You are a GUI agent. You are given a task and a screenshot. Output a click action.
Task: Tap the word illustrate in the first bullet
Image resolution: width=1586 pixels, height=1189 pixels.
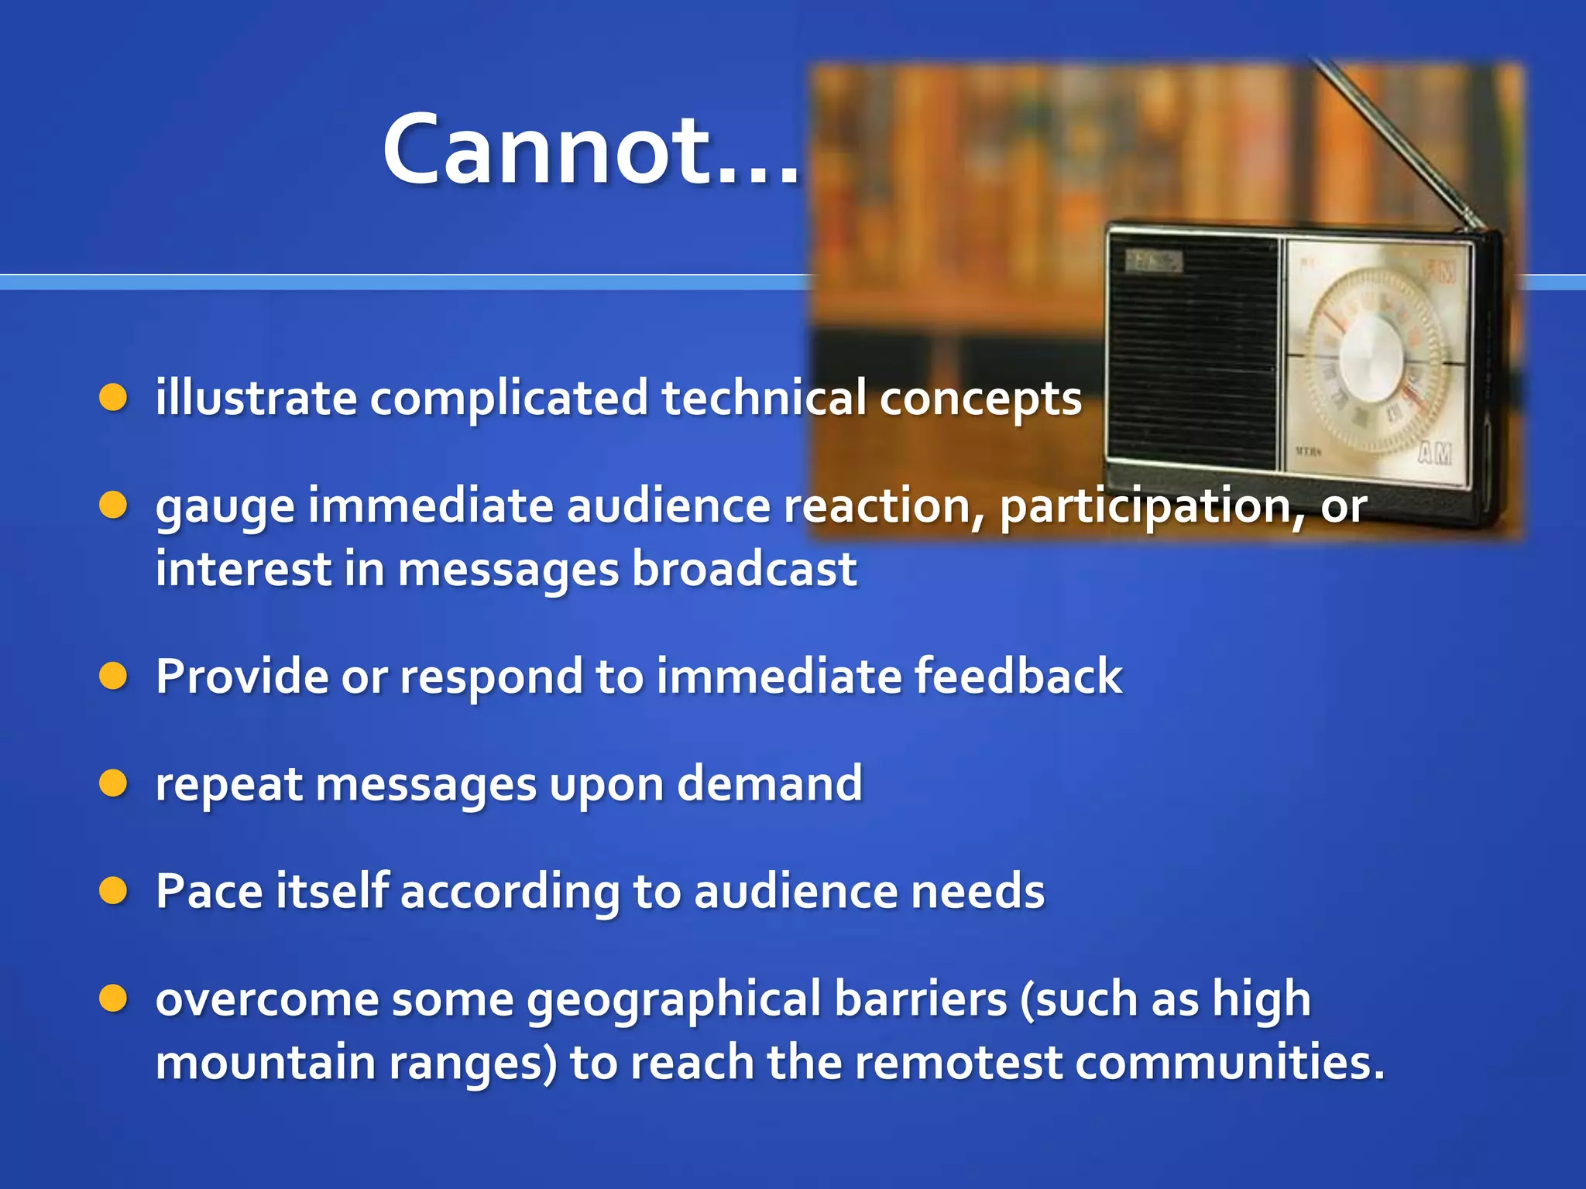pos(256,398)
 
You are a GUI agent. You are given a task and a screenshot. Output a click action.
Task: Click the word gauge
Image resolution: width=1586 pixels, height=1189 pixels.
pos(225,508)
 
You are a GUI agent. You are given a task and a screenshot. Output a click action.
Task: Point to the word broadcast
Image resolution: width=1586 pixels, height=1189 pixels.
pos(744,569)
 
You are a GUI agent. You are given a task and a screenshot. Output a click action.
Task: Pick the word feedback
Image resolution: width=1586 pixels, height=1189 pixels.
pos(1018,676)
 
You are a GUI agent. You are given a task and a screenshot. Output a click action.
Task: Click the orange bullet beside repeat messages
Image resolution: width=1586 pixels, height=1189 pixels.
pos(113,783)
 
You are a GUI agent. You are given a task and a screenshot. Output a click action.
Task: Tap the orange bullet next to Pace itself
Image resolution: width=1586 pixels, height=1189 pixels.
pos(113,891)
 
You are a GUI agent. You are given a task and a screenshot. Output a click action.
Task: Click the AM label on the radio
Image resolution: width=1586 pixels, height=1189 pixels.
pos(1435,454)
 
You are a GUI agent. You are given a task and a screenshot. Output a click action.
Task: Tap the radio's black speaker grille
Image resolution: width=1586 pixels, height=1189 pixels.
pos(1193,356)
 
